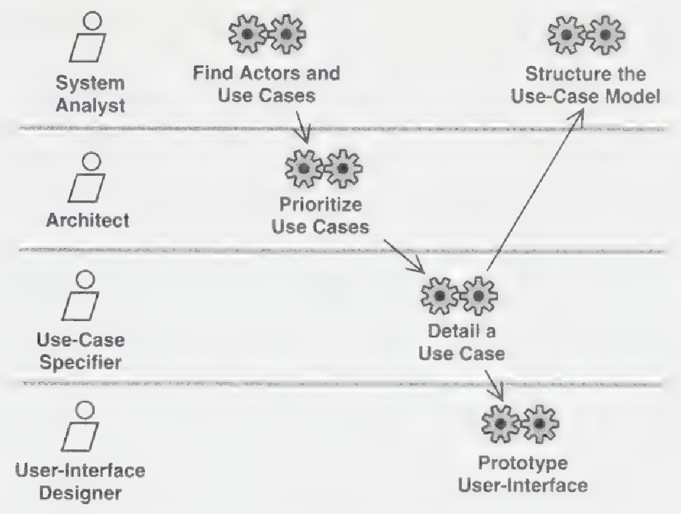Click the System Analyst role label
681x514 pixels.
point(90,94)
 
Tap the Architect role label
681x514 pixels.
point(88,220)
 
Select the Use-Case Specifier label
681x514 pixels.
point(81,351)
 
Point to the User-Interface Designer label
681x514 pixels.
point(80,482)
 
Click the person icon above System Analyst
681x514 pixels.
point(88,37)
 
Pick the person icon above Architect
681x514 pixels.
point(87,177)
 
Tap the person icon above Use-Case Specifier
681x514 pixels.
point(81,295)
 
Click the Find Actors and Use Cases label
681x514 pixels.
point(267,84)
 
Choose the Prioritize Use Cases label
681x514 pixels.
point(320,215)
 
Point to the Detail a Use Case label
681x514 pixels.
point(462,343)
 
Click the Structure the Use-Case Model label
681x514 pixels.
point(586,85)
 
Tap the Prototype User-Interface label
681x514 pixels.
point(523,474)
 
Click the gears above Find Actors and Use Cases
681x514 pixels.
point(267,34)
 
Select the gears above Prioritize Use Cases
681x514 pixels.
point(324,169)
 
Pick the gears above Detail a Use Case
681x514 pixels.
point(459,296)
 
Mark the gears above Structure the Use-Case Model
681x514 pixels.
point(586,35)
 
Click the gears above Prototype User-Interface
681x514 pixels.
point(520,424)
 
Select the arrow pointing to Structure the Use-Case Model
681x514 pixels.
point(534,190)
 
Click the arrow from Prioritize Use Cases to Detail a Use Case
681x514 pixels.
point(404,256)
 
